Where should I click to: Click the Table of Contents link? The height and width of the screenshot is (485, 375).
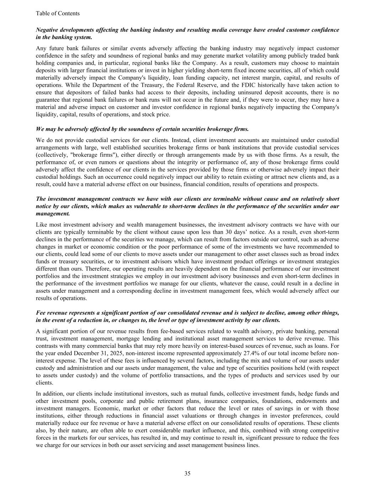point(58,14)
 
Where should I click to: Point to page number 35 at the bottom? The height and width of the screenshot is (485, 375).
point(187,473)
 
